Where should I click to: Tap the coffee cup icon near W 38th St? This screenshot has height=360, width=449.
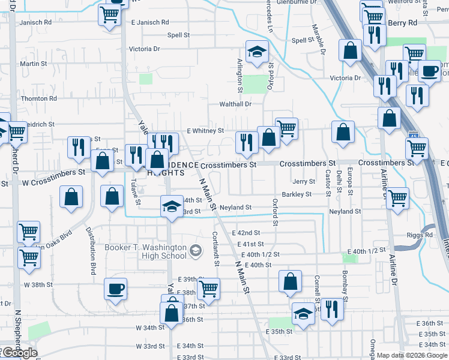tap(115, 289)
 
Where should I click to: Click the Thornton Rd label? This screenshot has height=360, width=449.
tap(38, 98)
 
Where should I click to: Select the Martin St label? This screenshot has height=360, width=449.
tap(34, 64)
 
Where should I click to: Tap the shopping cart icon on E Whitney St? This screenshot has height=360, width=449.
tap(287, 128)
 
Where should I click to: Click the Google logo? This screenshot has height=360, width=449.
tap(19, 353)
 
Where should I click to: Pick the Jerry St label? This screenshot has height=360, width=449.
tap(304, 181)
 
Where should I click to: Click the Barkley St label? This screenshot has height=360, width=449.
tap(297, 194)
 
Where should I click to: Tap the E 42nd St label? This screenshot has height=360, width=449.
tap(245, 233)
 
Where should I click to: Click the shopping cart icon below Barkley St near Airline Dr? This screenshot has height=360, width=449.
tap(397, 198)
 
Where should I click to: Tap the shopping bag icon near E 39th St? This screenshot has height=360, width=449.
tap(290, 281)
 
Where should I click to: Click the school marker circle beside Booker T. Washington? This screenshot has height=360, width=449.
tap(195, 250)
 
